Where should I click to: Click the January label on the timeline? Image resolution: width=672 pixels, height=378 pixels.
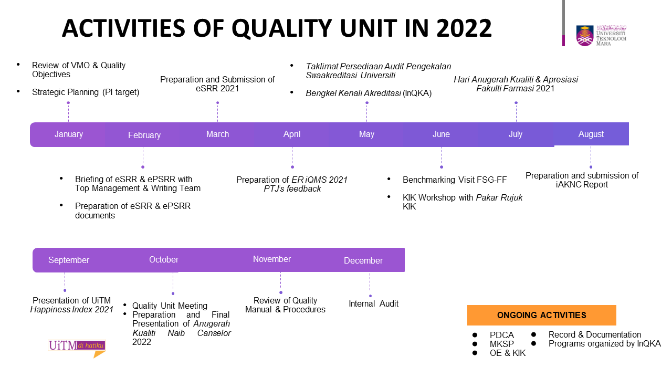click(x=69, y=134)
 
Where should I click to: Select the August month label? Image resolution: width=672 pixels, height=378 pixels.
click(x=591, y=134)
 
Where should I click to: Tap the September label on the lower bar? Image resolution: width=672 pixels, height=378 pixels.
click(x=69, y=260)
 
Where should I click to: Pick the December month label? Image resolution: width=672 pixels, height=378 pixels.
click(x=363, y=260)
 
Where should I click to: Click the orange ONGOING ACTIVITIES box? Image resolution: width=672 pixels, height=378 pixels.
click(x=541, y=315)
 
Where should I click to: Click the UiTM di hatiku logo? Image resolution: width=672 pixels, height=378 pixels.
click(x=77, y=348)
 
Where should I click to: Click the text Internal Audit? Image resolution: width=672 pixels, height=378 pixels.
click(x=373, y=303)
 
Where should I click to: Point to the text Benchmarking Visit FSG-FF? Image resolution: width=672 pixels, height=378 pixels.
click(x=455, y=180)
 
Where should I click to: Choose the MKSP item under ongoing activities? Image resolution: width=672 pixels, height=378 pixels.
click(x=501, y=344)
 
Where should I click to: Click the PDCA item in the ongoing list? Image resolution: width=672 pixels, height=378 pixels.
click(x=501, y=335)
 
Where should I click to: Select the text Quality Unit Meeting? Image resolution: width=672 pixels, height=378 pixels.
click(x=170, y=306)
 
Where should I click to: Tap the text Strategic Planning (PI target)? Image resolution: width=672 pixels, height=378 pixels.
click(x=86, y=92)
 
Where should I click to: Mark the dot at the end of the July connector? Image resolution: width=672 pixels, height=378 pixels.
click(x=516, y=103)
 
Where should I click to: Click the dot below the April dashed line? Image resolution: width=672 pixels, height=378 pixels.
click(x=292, y=167)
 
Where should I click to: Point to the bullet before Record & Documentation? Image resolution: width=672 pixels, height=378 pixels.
click(x=534, y=334)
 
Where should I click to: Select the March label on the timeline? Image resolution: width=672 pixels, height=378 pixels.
click(x=217, y=134)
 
